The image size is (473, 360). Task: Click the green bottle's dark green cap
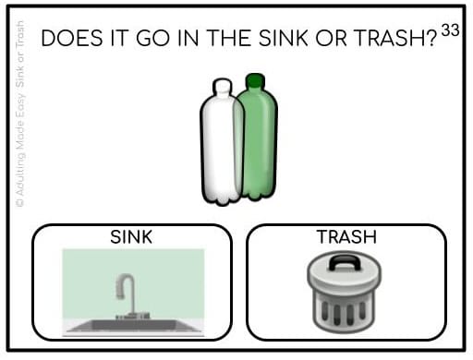tap(255, 80)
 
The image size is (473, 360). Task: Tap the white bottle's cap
tap(222, 85)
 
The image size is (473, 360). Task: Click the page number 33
tap(450, 30)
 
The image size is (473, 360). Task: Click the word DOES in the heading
tap(72, 38)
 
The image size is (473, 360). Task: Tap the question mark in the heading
tap(432, 38)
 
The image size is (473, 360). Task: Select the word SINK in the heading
tap(284, 38)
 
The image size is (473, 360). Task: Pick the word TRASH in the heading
tap(390, 38)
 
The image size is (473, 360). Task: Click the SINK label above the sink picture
tap(131, 237)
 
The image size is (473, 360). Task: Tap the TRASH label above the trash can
tap(347, 237)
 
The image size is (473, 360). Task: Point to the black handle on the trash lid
tap(345, 263)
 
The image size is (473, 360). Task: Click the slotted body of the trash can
tap(344, 311)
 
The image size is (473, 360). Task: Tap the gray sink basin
tap(133, 326)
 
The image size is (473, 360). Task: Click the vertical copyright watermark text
tap(19, 114)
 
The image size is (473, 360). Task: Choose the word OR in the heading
tap(331, 38)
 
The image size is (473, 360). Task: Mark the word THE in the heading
tap(229, 38)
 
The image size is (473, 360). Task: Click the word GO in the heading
tap(153, 38)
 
